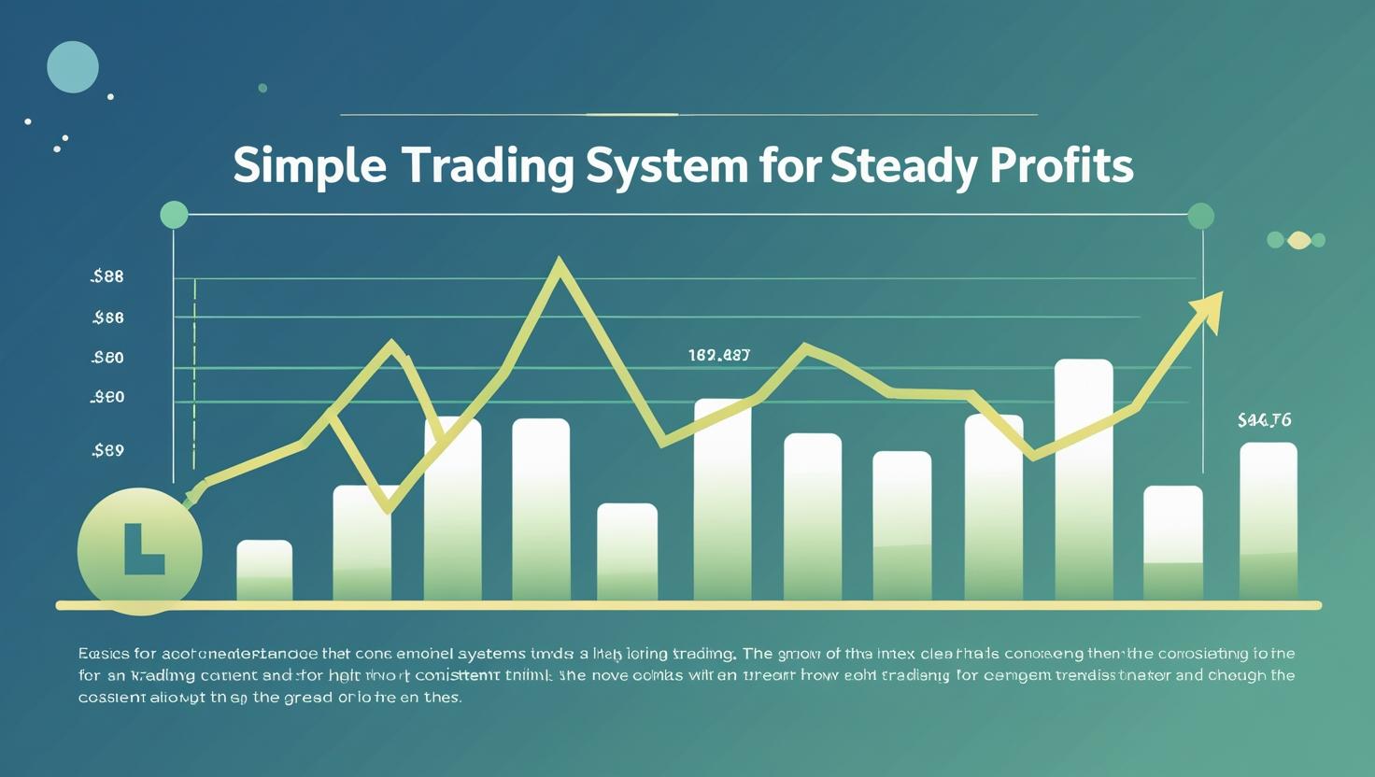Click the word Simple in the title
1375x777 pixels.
click(308, 166)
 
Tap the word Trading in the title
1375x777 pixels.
click(488, 166)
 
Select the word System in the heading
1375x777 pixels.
click(666, 166)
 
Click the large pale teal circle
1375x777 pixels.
click(73, 66)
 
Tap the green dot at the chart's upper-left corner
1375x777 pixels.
click(174, 215)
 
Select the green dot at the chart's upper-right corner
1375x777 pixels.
click(1200, 216)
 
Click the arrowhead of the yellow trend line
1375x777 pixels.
click(1209, 310)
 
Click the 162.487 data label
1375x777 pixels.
click(718, 355)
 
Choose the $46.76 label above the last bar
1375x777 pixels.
click(1264, 420)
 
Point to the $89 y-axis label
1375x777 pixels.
click(108, 450)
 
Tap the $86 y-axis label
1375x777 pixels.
click(108, 318)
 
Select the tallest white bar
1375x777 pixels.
click(1084, 478)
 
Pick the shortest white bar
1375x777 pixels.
click(264, 570)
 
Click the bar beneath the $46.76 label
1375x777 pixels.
click(1268, 520)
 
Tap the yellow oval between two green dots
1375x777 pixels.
click(1298, 240)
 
